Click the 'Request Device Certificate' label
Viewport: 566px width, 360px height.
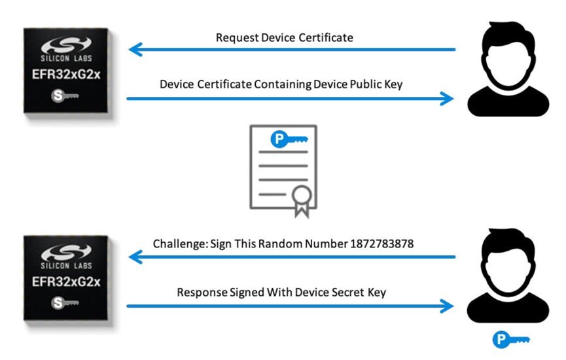click(x=285, y=37)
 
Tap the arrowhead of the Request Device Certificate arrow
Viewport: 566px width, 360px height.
click(x=135, y=50)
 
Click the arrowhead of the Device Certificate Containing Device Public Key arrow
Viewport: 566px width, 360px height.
click(x=447, y=99)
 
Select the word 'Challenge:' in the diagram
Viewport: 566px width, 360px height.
click(x=181, y=244)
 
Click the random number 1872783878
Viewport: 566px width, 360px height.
click(x=382, y=243)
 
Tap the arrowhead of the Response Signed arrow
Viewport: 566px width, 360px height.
click(x=447, y=306)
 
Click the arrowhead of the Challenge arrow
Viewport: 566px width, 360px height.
click(x=135, y=257)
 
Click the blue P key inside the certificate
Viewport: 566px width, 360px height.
click(x=289, y=139)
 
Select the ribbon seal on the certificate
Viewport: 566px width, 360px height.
click(x=302, y=201)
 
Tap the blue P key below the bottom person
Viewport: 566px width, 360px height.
click(x=511, y=340)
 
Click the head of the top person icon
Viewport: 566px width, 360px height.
click(x=508, y=54)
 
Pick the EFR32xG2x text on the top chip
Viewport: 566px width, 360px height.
click(x=66, y=75)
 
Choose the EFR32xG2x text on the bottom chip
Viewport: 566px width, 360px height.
click(x=66, y=281)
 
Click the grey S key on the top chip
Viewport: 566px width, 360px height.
click(x=65, y=96)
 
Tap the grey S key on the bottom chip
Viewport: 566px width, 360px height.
click(x=65, y=302)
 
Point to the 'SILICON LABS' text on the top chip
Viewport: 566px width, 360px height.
click(x=66, y=58)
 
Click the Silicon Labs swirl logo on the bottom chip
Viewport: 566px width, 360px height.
click(x=66, y=252)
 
